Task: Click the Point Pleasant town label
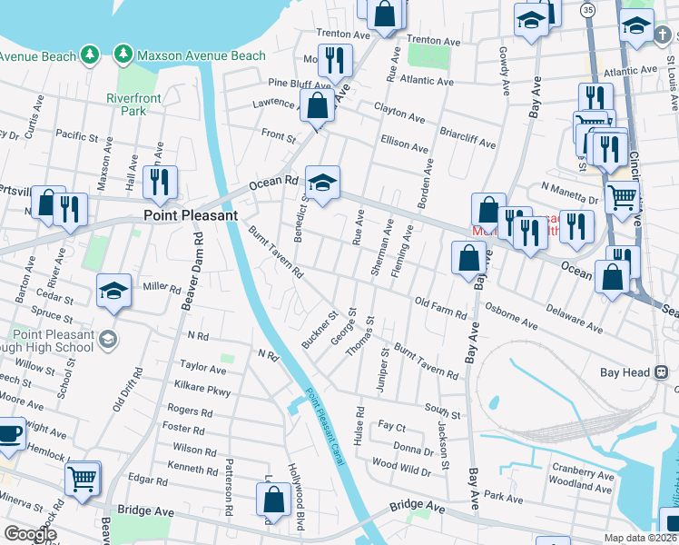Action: pyautogui.click(x=191, y=215)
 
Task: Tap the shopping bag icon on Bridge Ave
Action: pyautogui.click(x=273, y=500)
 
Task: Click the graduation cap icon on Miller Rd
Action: pyautogui.click(x=113, y=291)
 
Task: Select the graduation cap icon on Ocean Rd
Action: pyautogui.click(x=321, y=183)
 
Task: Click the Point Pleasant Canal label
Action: pyautogui.click(x=324, y=426)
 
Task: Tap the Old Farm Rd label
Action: pyautogui.click(x=439, y=308)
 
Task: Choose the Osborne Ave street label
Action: pyautogui.click(x=513, y=315)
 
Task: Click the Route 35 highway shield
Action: pyautogui.click(x=588, y=10)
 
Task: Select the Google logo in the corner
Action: pyautogui.click(x=30, y=534)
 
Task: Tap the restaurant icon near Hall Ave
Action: pyautogui.click(x=160, y=183)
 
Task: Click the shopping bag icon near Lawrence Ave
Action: pyautogui.click(x=318, y=107)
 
